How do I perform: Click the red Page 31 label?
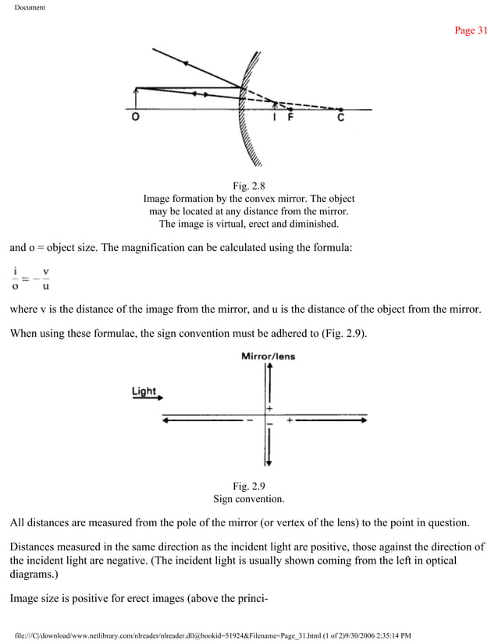coord(471,30)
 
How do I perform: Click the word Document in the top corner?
coord(30,8)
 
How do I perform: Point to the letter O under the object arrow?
coord(136,119)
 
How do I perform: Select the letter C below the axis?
coord(340,119)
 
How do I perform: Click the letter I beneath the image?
coord(274,119)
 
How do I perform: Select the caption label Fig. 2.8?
coord(249,186)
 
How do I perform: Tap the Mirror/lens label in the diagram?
coord(269,357)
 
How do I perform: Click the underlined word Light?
coord(144,391)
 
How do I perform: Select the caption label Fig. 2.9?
coord(249,487)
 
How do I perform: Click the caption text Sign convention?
coord(249,499)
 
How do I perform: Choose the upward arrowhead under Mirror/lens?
coord(269,368)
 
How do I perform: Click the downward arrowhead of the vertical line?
coord(269,462)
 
